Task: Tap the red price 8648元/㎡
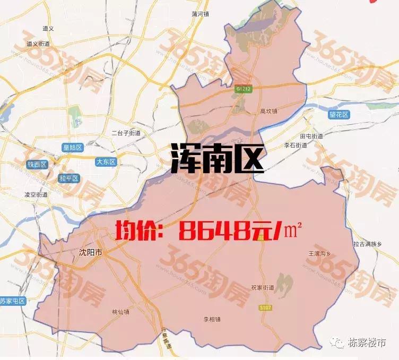pyautogui.click(x=209, y=230)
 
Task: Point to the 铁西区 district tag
pyautogui.click(x=37, y=164)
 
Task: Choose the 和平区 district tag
pyautogui.click(x=69, y=178)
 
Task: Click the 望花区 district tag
pyautogui.click(x=337, y=115)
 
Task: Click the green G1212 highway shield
pyautogui.click(x=242, y=91)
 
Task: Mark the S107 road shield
pyautogui.click(x=265, y=308)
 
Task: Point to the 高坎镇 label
pyautogui.click(x=269, y=112)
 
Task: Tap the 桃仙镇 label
pyautogui.click(x=120, y=312)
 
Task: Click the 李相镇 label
pyautogui.click(x=212, y=319)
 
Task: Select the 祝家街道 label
pyautogui.click(x=263, y=288)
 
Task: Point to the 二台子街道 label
pyautogui.click(x=126, y=133)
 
